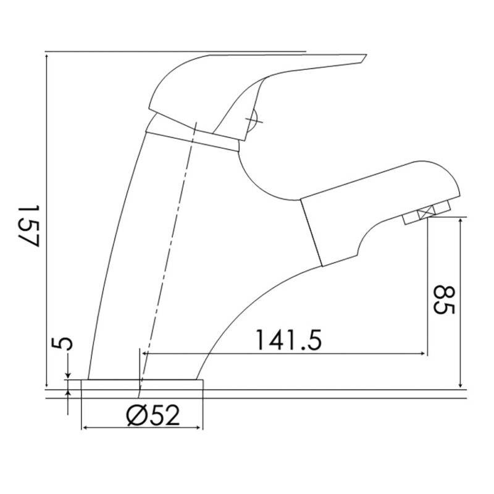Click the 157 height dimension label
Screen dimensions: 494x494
click(28, 226)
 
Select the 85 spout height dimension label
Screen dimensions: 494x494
click(444, 299)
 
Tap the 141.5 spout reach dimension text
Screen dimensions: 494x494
click(288, 340)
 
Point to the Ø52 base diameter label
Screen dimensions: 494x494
click(153, 416)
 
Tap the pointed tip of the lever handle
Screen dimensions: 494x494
click(366, 55)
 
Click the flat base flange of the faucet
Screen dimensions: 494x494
click(142, 384)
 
